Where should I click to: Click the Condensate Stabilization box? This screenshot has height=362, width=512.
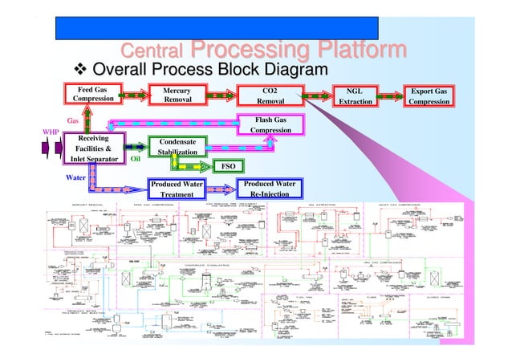pyautogui.click(x=178, y=147)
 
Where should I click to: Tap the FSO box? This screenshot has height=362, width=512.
pyautogui.click(x=227, y=167)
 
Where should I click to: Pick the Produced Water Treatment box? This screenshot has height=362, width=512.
pyautogui.click(x=177, y=189)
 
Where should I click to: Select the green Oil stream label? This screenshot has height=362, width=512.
pyautogui.click(x=135, y=159)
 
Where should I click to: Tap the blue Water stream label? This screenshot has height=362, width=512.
pyautogui.click(x=75, y=177)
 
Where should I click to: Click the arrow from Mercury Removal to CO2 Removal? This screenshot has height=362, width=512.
pyautogui.click(x=221, y=96)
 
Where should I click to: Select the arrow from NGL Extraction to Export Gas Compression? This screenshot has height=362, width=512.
pyautogui.click(x=391, y=96)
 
